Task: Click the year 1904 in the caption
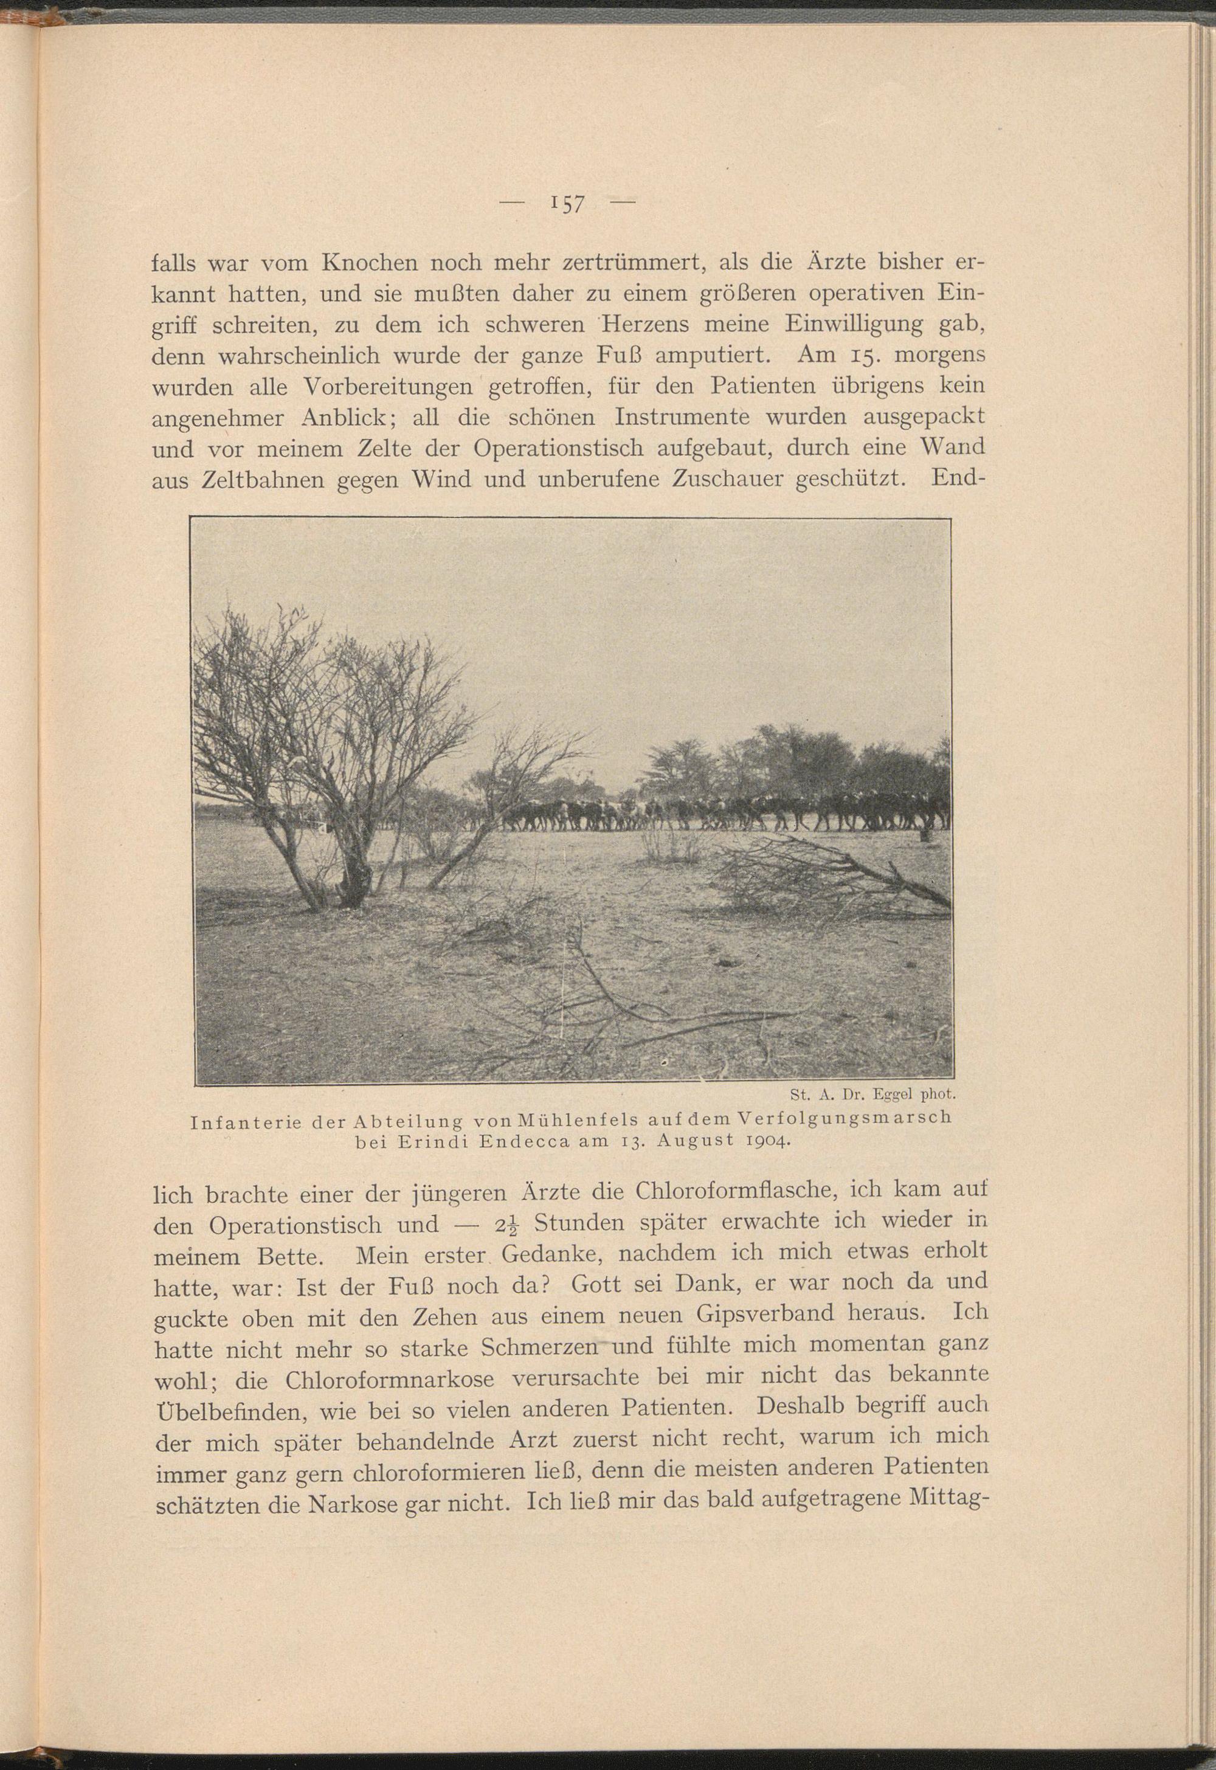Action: click(x=765, y=1141)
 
